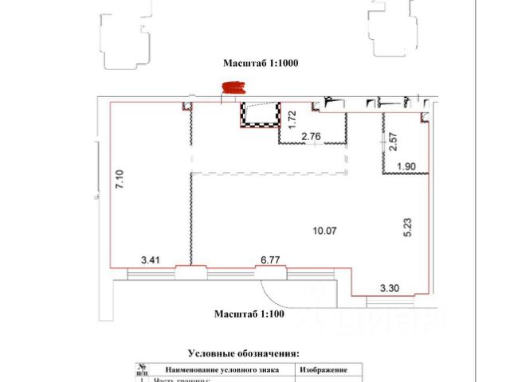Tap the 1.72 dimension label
pos(292,120)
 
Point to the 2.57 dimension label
pos(392,141)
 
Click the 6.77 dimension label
pos(271,259)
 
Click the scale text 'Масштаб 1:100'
pos(249,314)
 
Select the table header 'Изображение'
pos(323,371)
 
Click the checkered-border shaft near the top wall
pos(262,116)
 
